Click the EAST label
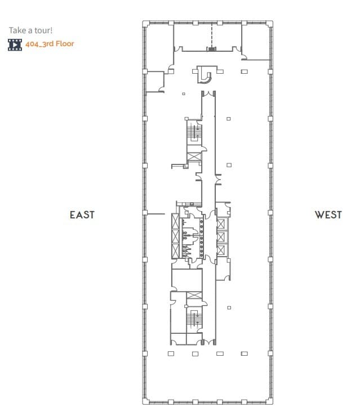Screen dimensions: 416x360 tap(82, 214)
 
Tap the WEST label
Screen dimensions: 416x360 tap(328, 214)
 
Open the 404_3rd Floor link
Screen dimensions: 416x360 tap(50, 43)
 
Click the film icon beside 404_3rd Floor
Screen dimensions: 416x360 tap(15, 44)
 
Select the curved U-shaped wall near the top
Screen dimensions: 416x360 tap(206, 74)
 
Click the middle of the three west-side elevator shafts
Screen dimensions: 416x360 tap(221, 237)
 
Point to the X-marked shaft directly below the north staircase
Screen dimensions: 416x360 tap(194, 156)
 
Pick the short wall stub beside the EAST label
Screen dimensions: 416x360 tap(155, 214)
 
